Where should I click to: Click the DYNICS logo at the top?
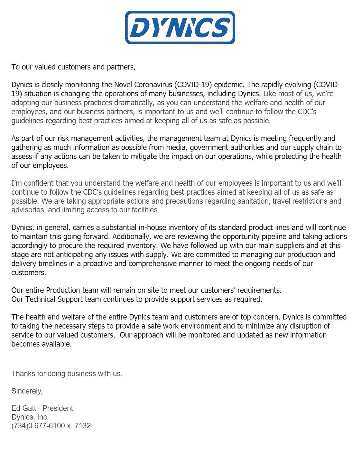180,27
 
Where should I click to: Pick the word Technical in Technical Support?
40,299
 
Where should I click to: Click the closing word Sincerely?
27,391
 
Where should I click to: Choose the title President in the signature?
58,408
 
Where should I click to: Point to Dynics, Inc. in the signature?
30,417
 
